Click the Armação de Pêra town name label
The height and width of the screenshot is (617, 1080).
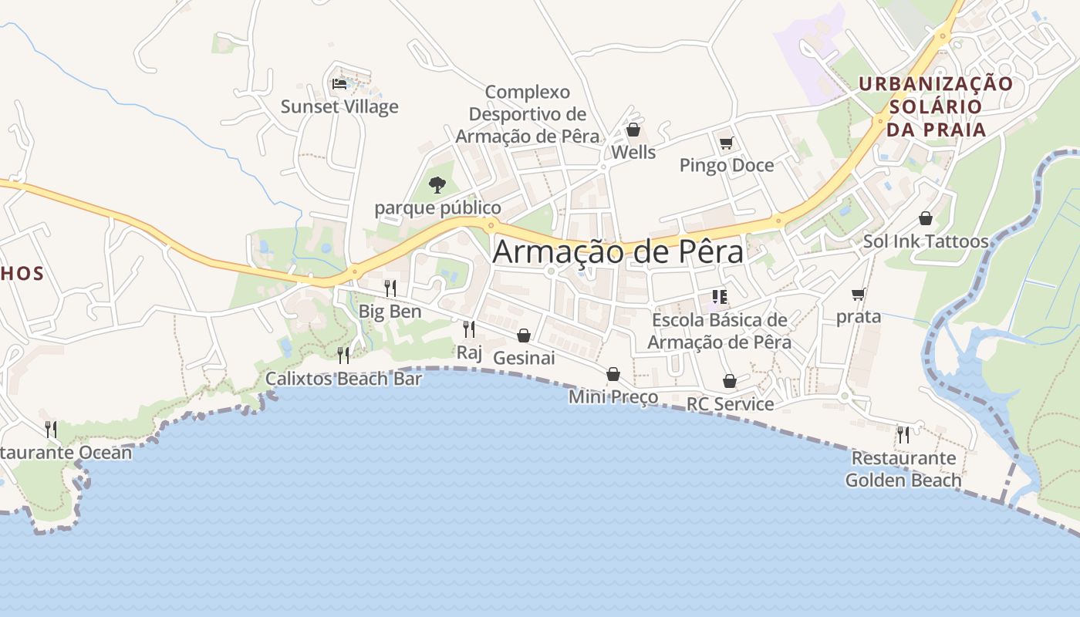[x=618, y=252]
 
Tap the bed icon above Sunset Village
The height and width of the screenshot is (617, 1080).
[x=339, y=83]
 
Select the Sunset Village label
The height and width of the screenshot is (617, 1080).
[x=339, y=106]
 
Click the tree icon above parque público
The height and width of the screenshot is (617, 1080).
[x=437, y=185]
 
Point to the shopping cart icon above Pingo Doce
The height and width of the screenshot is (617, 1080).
[x=726, y=143]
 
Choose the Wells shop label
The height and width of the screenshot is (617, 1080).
[x=633, y=152]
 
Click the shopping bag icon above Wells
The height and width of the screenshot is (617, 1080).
[x=633, y=130]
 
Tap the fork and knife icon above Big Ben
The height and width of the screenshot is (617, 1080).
[x=390, y=288]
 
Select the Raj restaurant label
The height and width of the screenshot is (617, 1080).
[x=469, y=352]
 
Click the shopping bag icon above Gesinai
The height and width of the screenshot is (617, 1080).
[x=524, y=335]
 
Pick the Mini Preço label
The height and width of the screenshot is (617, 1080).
[x=613, y=396]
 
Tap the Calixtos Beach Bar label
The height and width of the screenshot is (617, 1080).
[x=343, y=379]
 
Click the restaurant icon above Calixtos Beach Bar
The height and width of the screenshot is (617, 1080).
[x=343, y=355]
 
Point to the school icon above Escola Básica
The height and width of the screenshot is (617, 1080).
[x=720, y=297]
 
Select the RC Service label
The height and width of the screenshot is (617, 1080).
[x=730, y=403]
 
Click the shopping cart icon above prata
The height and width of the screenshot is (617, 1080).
[x=858, y=294]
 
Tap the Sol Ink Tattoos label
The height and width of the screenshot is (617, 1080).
[x=926, y=241]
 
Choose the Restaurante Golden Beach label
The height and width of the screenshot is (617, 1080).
[x=903, y=469]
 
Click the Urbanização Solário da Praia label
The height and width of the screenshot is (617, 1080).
[x=936, y=106]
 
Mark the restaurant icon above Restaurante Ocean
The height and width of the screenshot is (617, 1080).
[x=51, y=429]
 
